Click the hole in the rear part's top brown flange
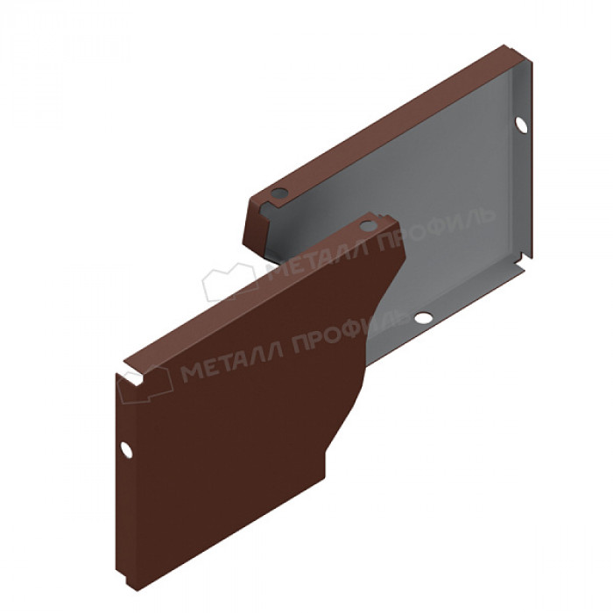tap(279, 193)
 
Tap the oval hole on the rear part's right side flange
tap(521, 125)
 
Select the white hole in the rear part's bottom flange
tap(423, 317)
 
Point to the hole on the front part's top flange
tap(368, 226)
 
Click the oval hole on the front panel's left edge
tap(126, 449)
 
